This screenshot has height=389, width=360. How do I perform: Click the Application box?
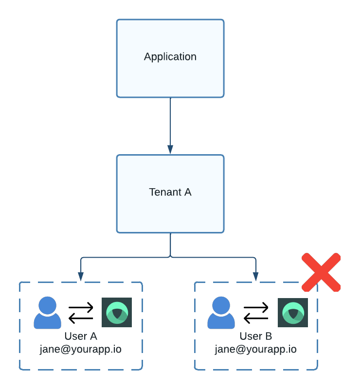point(170,73)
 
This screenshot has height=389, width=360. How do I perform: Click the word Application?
point(170,57)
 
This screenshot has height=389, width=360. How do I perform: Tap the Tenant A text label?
point(170,192)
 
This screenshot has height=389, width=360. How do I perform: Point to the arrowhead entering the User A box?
point(81,276)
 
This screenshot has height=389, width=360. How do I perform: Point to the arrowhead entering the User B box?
point(256,276)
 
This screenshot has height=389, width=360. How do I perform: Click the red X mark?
point(321,272)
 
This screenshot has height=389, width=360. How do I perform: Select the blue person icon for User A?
point(47,313)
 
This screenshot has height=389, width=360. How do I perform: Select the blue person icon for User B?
point(221,313)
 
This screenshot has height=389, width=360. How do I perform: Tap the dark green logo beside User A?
point(117,312)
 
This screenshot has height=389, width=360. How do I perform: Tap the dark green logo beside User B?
point(293,312)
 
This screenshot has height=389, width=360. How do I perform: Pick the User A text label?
point(81,336)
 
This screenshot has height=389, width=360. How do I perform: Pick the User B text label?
point(256,336)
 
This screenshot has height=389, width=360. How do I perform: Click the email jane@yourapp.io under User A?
point(81,349)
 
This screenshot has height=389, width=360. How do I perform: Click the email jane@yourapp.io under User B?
point(256,349)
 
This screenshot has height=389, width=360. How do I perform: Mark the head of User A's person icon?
point(47,305)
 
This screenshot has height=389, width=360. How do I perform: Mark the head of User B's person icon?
point(221,305)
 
